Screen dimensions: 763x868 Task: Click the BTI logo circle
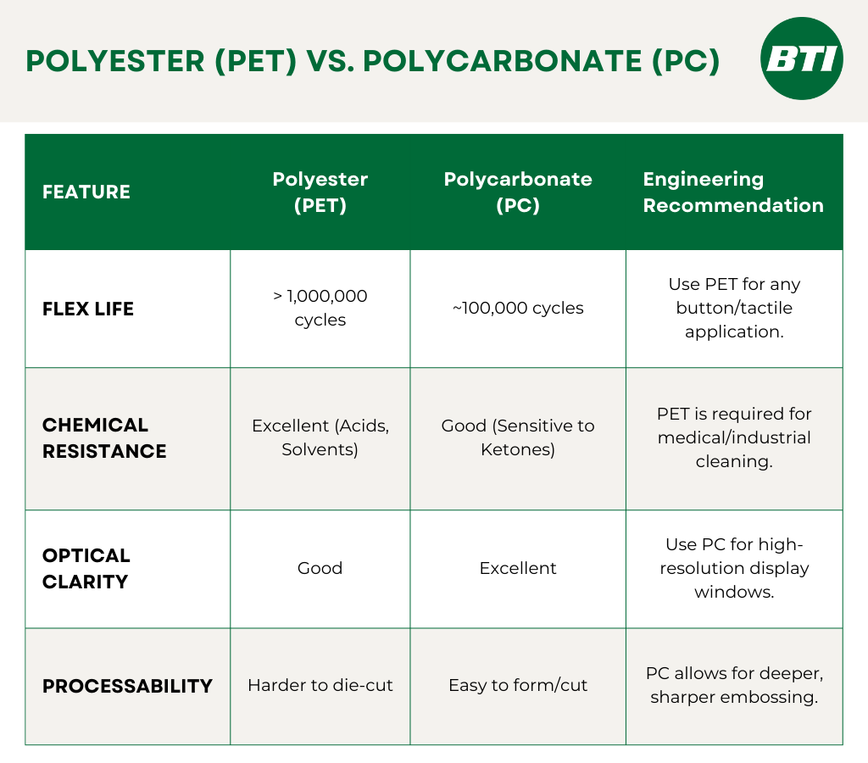click(x=801, y=58)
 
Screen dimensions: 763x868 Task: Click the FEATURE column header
click(x=86, y=192)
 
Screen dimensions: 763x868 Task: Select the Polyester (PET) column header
click(x=320, y=192)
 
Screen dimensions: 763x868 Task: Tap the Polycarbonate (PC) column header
click(x=518, y=192)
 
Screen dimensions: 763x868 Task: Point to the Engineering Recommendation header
click(x=733, y=192)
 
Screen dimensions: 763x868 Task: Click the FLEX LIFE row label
click(x=88, y=309)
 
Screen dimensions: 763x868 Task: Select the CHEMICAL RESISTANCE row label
click(x=104, y=438)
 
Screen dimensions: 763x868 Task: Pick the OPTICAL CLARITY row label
click(x=86, y=569)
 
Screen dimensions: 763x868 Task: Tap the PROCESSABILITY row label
click(x=127, y=686)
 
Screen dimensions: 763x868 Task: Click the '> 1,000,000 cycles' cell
click(x=320, y=309)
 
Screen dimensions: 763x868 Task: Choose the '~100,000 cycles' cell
click(x=518, y=309)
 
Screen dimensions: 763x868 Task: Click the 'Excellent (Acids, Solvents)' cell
click(x=320, y=438)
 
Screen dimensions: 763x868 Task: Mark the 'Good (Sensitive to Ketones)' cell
click(x=518, y=438)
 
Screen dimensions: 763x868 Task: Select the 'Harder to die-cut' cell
click(x=320, y=686)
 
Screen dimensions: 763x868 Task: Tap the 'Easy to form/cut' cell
click(x=518, y=686)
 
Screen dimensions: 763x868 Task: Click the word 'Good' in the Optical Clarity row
click(x=320, y=569)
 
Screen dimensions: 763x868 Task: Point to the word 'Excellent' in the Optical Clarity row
click(x=518, y=569)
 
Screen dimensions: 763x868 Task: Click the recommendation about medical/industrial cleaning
click(x=734, y=438)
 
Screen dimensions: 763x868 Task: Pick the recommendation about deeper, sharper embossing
click(x=734, y=686)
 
